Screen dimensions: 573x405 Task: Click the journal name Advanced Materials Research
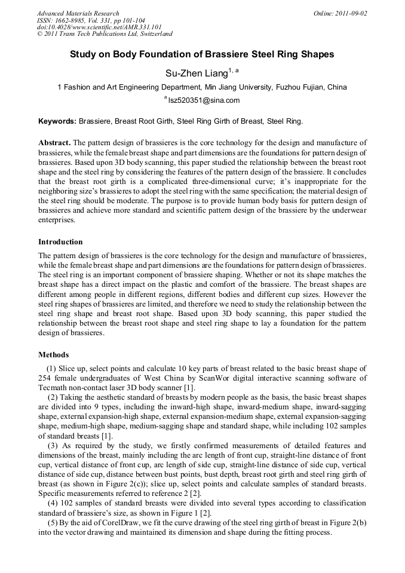78,13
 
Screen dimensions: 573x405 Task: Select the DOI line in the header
99,27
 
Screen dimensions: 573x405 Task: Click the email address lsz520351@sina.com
204,100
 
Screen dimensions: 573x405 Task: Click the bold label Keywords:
57,121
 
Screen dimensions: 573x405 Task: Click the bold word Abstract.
55,143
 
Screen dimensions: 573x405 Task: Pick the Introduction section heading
60,242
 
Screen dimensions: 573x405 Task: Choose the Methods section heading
53,355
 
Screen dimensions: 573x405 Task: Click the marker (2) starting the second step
53,397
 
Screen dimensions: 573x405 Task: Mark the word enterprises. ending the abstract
57,220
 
